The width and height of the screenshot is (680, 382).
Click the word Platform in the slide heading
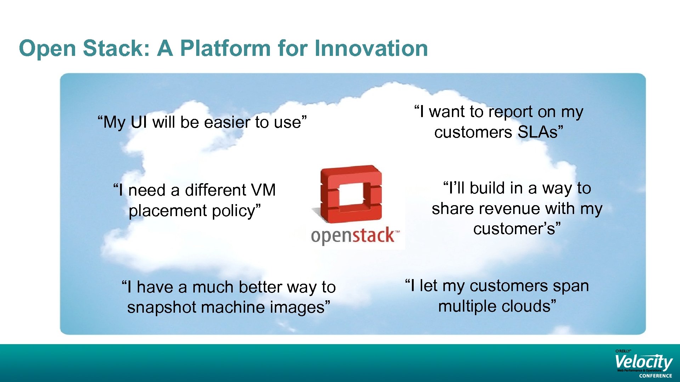(x=225, y=48)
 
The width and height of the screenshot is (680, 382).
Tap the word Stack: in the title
(x=117, y=48)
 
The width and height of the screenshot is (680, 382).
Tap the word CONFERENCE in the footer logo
(x=655, y=376)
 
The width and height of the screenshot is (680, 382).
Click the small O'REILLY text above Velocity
(x=623, y=351)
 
